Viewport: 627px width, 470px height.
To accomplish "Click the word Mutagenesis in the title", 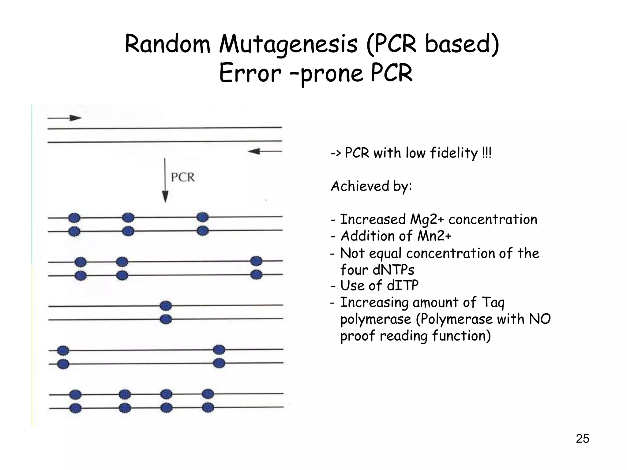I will [288, 44].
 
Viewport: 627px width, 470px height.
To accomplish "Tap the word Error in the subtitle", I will [250, 73].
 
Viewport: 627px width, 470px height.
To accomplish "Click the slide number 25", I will [582, 439].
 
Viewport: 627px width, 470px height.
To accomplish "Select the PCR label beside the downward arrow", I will [183, 177].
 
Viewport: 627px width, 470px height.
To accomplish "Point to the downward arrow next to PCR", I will [165, 181].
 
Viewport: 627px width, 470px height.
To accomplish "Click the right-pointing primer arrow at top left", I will [65, 118].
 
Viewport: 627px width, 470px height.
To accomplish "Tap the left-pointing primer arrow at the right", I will [265, 151].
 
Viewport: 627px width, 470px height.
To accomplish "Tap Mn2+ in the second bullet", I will [434, 236].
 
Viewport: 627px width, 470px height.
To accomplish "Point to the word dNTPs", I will [393, 270].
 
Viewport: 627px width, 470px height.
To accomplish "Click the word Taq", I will [493, 303].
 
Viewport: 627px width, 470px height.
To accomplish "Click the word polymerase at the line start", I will [376, 319].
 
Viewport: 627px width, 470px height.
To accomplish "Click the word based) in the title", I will [462, 44].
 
